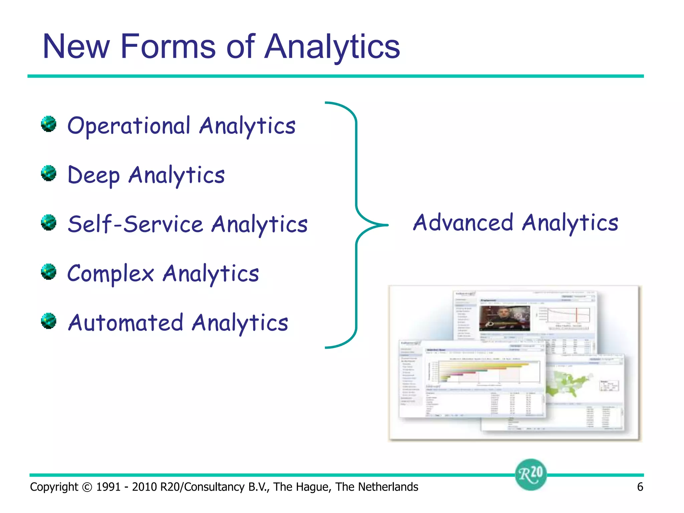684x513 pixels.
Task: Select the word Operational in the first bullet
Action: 129,126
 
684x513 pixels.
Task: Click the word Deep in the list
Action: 94,175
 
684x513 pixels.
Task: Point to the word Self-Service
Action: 135,224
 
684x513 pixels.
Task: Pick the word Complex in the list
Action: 111,274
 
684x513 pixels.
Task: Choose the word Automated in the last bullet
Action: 126,323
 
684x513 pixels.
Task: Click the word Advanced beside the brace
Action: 463,223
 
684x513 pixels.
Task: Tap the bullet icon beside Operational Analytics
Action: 49,124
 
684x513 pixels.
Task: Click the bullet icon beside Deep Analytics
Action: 49,173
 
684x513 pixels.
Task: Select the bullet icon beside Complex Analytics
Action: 49,272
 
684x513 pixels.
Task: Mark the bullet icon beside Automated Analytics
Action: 49,321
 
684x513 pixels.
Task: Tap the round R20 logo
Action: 531,474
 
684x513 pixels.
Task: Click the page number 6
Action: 640,487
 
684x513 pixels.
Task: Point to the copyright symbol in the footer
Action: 87,487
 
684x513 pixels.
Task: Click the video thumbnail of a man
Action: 504,318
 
